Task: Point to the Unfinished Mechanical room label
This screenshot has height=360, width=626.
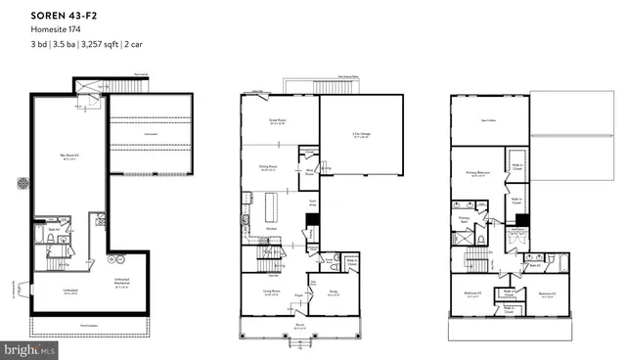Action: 121,285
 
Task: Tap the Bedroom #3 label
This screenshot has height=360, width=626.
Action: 469,292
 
